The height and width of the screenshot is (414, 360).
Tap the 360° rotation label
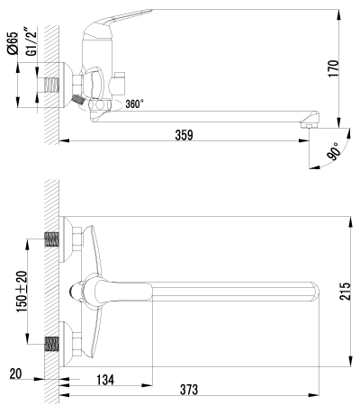[x=135, y=104]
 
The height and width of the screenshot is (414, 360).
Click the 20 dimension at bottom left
[x=16, y=373]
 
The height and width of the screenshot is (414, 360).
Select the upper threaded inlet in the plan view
[x=51, y=240]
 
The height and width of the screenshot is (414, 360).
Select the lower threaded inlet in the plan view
[x=51, y=345]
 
